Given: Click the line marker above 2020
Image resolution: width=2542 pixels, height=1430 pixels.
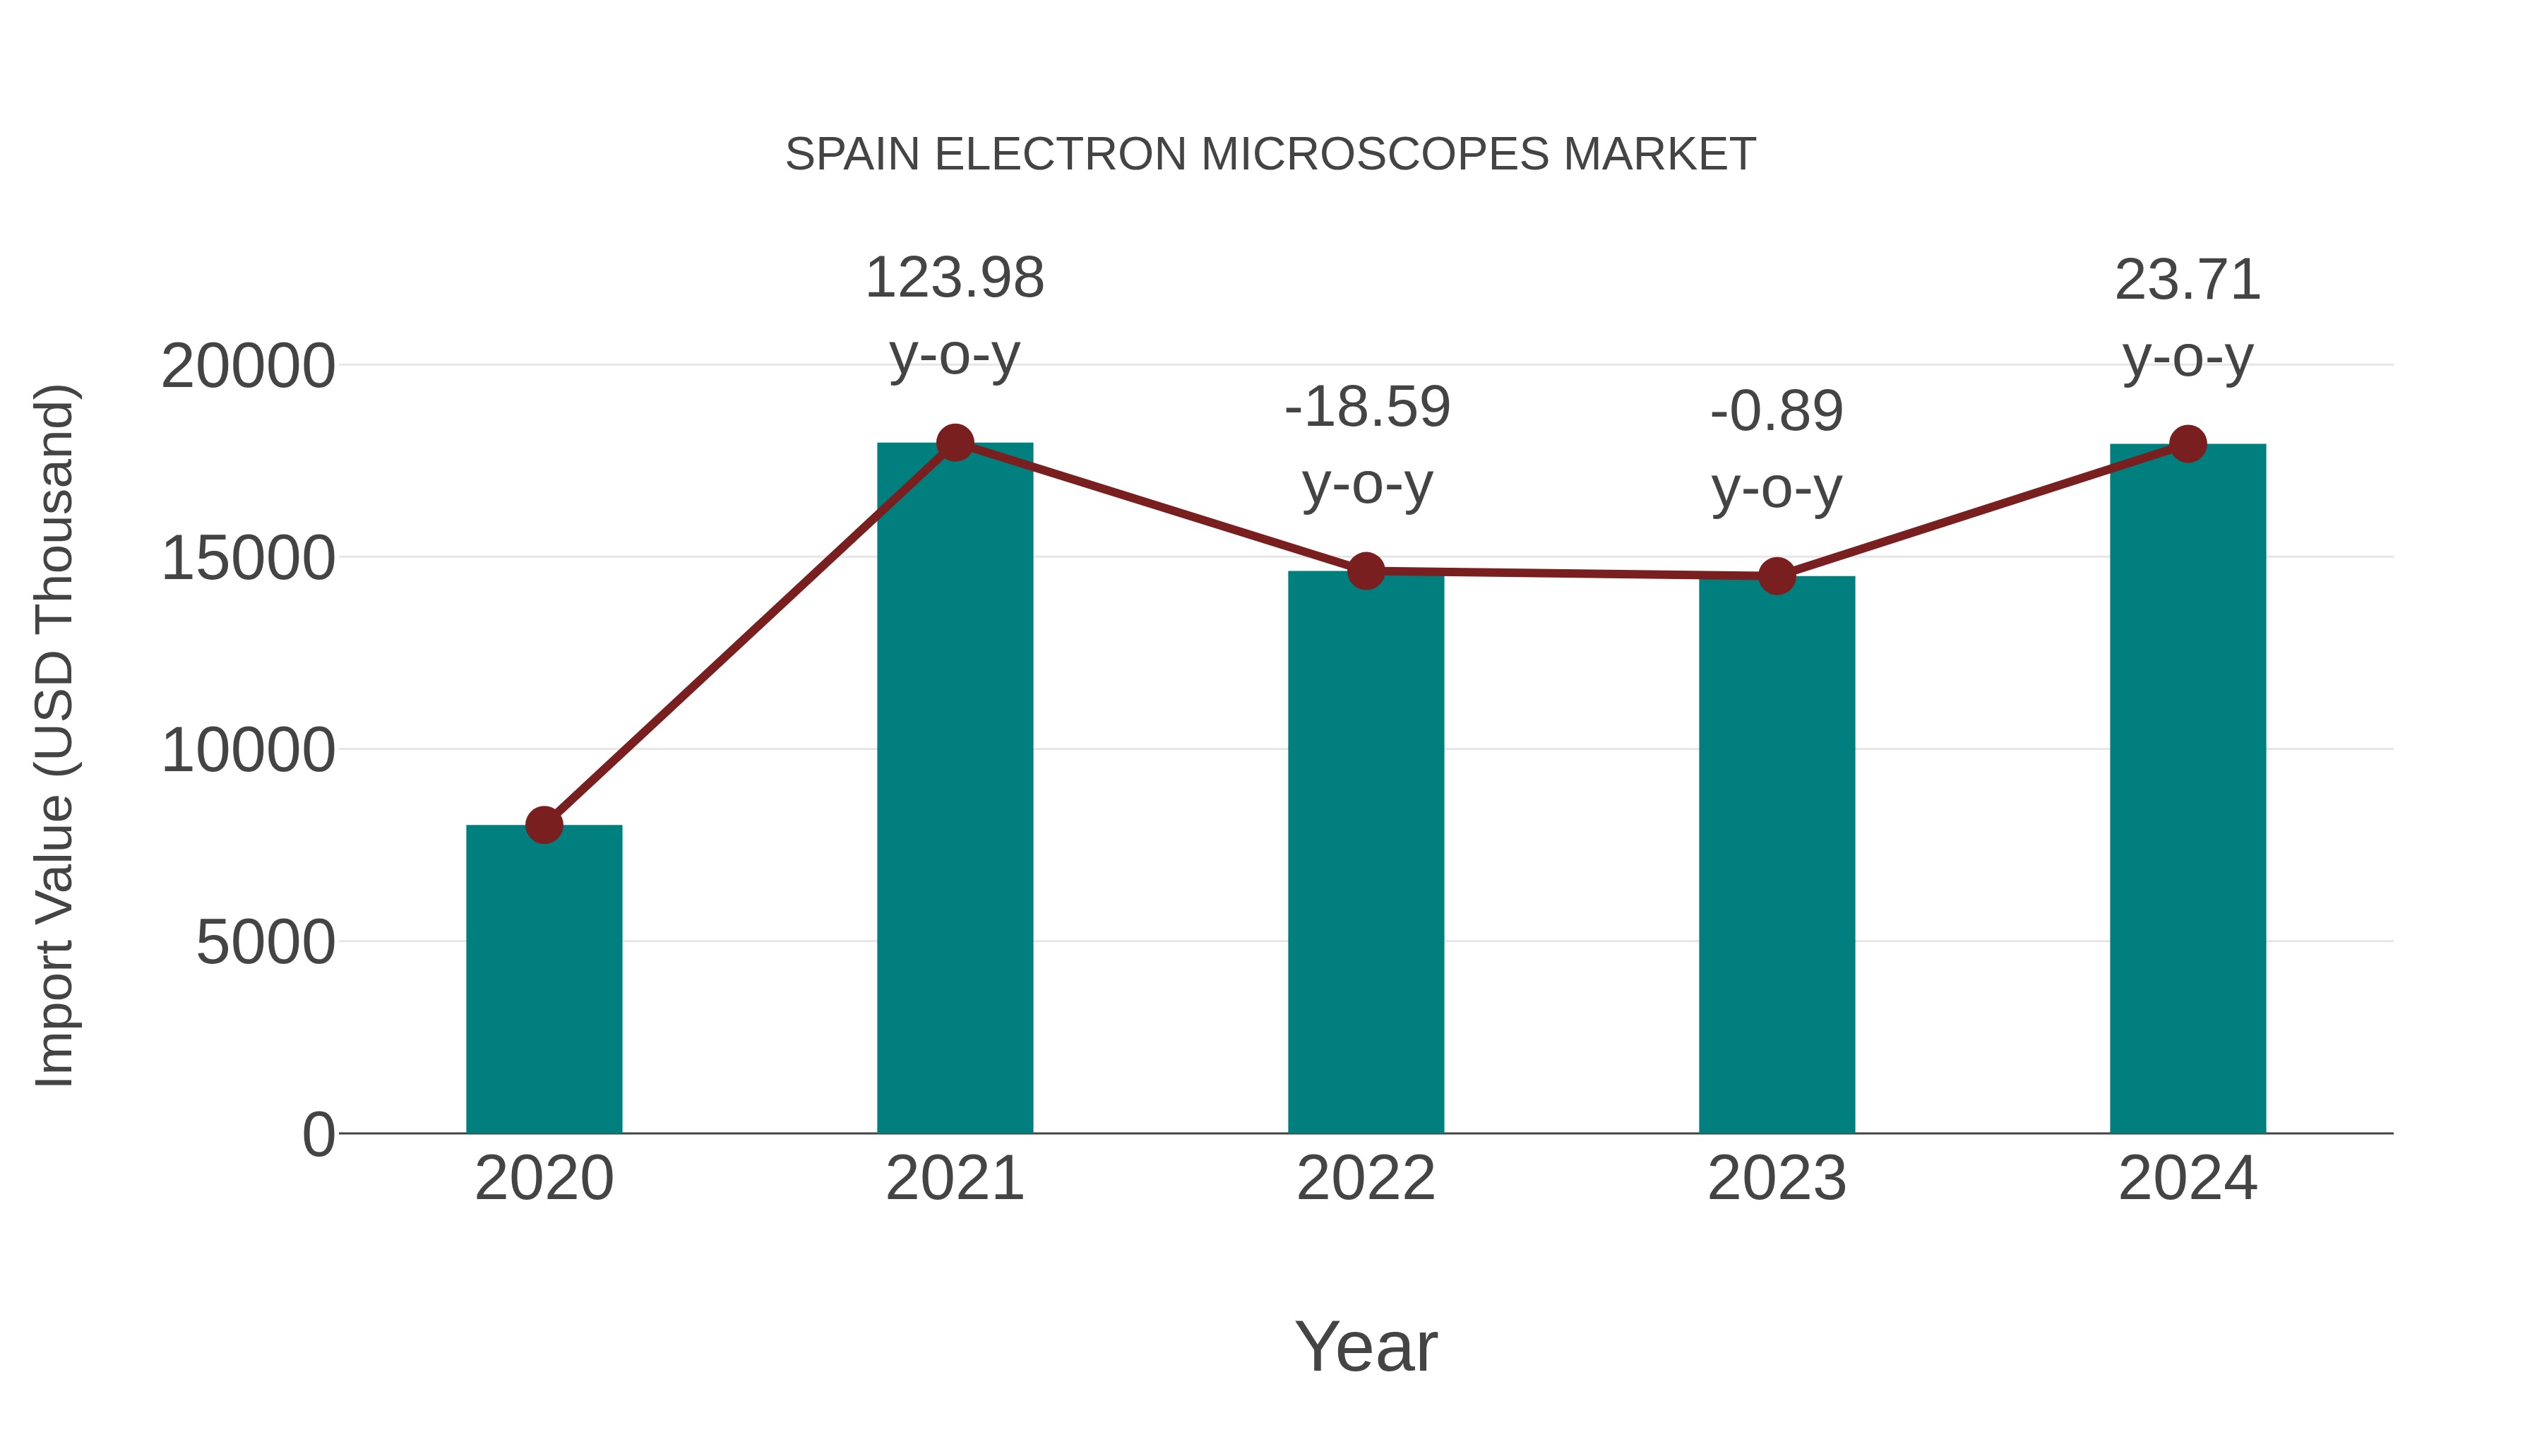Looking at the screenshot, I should click(544, 824).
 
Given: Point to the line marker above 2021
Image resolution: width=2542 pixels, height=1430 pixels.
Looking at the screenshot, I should click(954, 442).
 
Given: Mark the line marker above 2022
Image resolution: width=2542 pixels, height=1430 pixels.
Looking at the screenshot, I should click(1366, 571).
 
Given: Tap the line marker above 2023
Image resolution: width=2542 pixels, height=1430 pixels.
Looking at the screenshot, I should click(1777, 576).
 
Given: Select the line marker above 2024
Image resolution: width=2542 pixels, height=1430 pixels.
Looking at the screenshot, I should click(2188, 444).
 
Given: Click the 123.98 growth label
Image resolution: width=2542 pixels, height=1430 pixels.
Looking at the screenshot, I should click(954, 278).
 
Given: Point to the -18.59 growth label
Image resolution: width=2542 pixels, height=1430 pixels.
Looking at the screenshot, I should click(1367, 407).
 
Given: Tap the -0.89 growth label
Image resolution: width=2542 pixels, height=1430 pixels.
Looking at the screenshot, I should click(1777, 412).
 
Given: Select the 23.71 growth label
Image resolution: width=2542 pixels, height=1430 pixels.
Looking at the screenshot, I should click(2188, 280).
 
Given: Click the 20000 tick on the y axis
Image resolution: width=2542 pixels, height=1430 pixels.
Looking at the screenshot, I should click(248, 367).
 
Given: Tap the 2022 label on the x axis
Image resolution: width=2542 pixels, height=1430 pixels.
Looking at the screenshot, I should click(1366, 1179).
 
